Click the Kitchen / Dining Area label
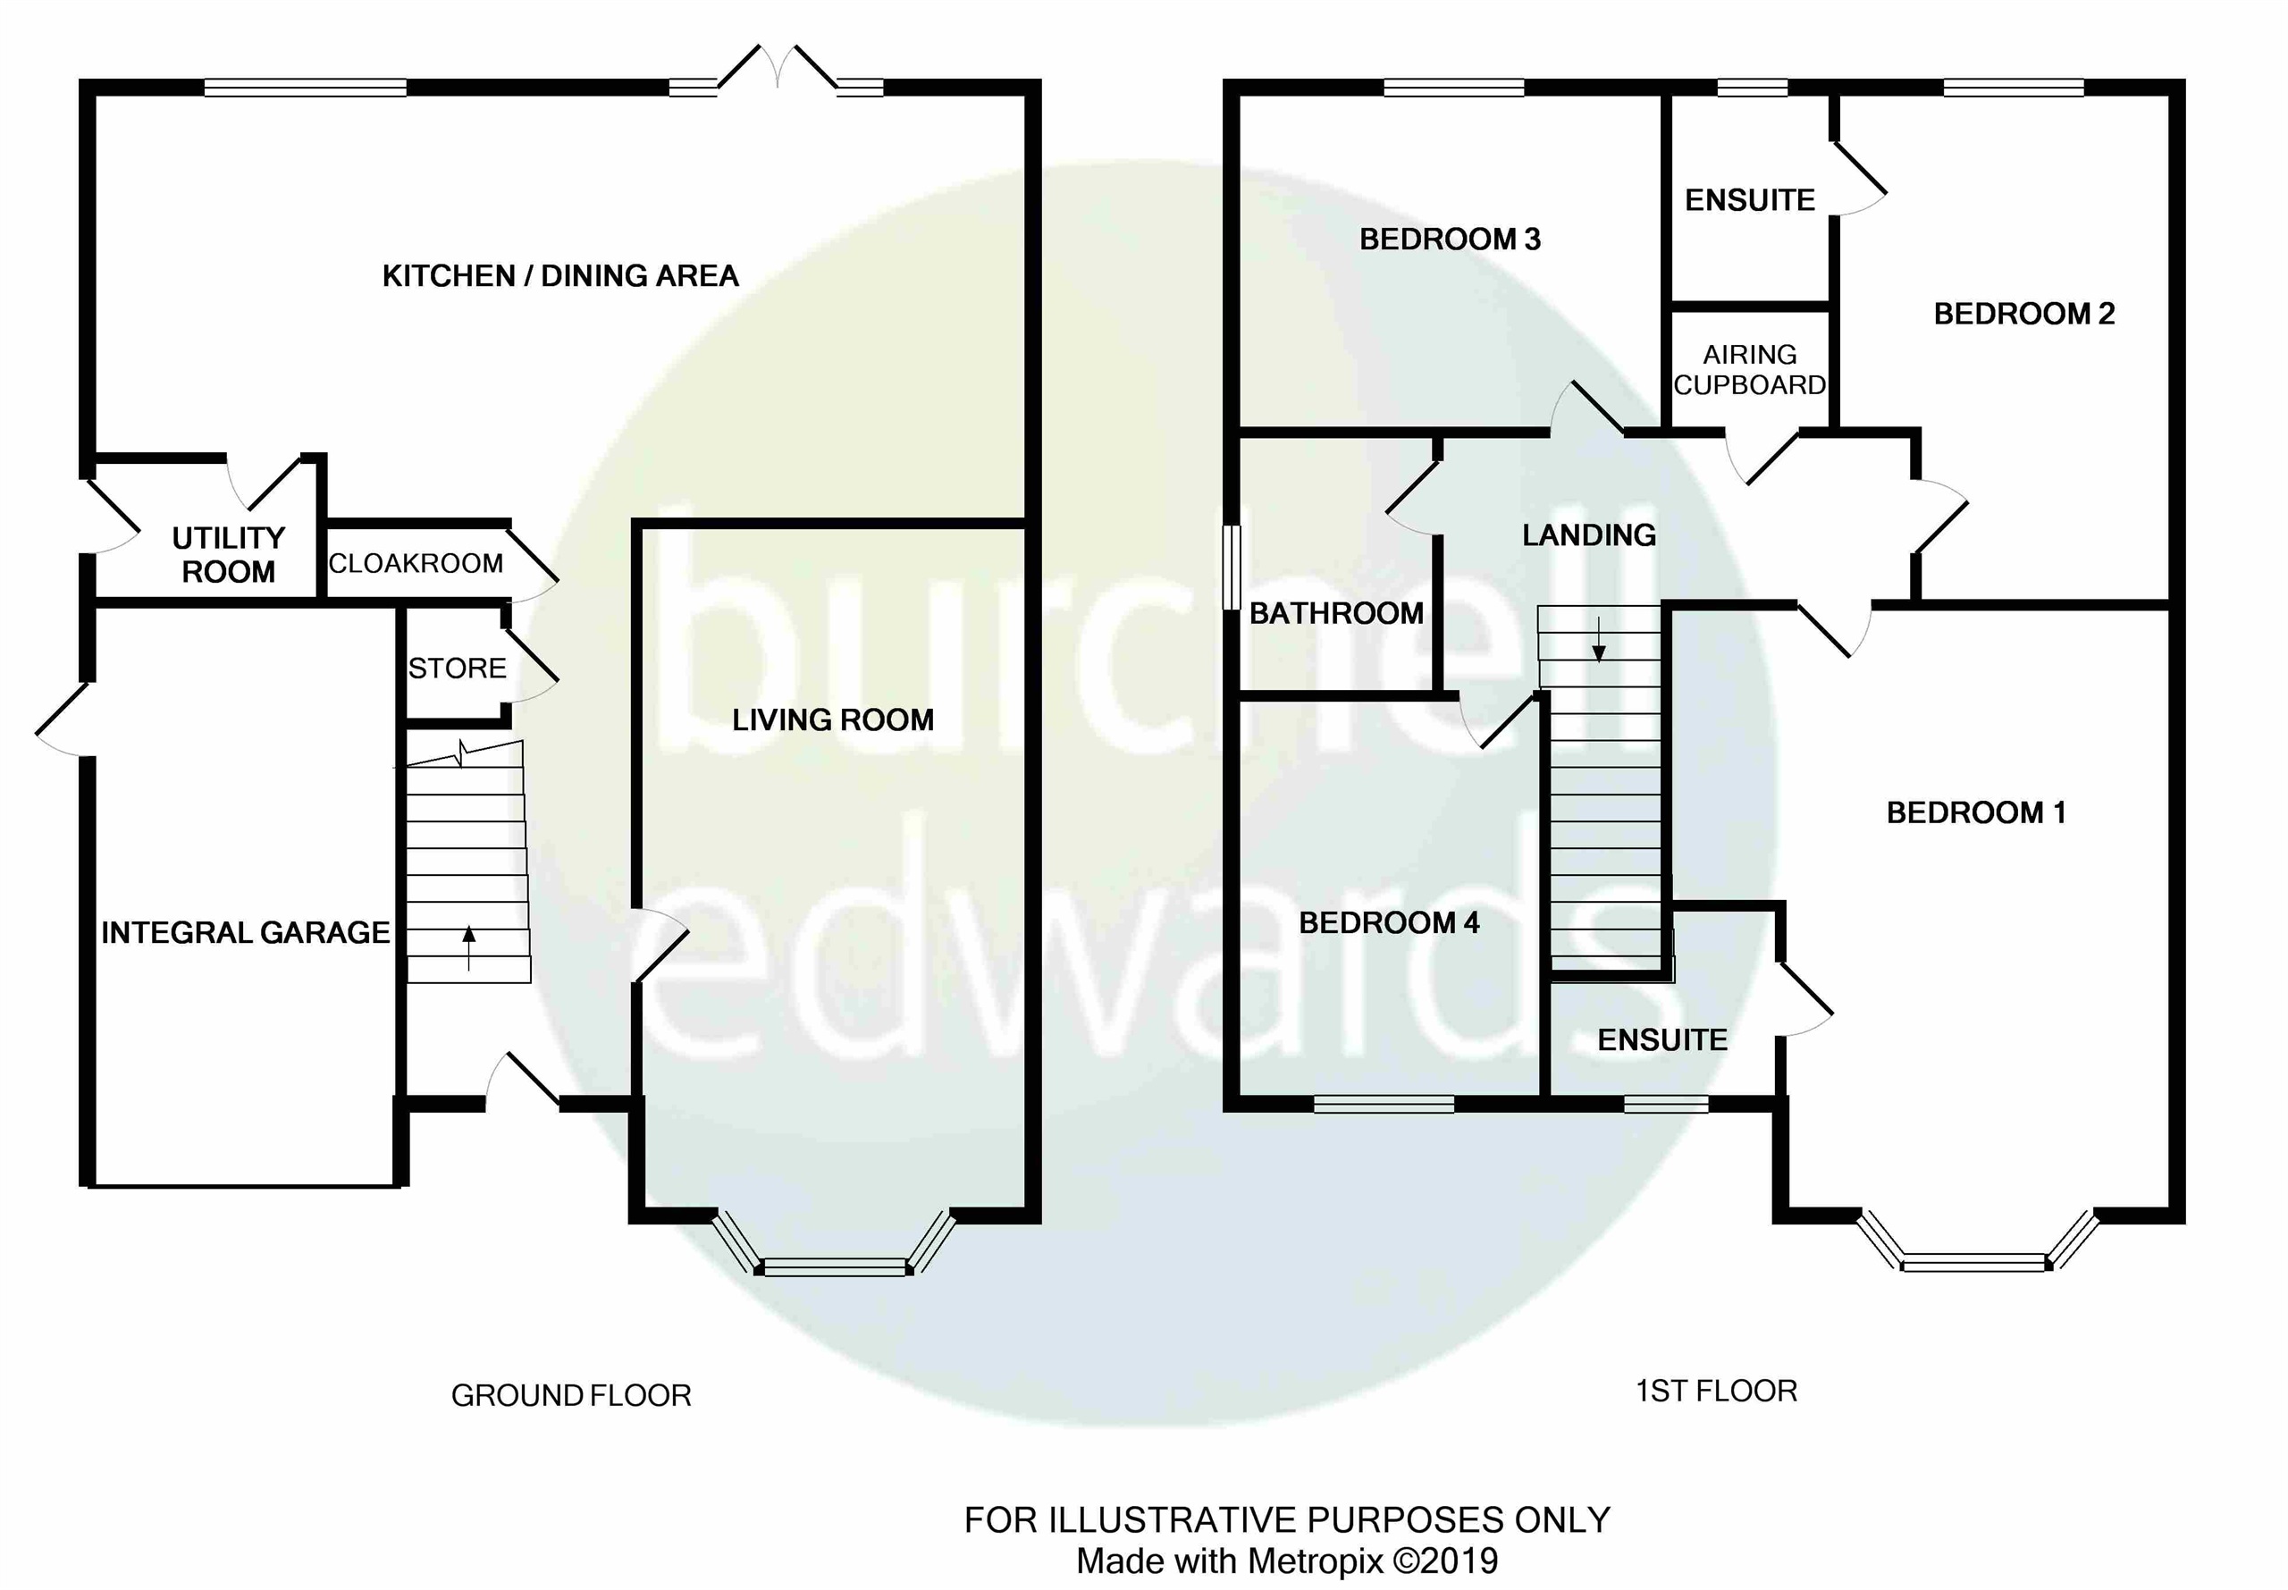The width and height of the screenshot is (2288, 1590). (560, 276)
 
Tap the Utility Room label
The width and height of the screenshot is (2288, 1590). (228, 555)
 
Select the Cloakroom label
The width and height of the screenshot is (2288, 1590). (416, 564)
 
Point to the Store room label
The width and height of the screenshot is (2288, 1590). (458, 669)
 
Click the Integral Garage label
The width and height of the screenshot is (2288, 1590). (245, 932)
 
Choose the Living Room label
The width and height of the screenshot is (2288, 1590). (833, 720)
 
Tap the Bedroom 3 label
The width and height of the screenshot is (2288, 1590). (1450, 240)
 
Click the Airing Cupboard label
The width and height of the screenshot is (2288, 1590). (1749, 370)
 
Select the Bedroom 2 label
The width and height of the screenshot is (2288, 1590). (2024, 314)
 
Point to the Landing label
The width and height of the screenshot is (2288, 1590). (1589, 535)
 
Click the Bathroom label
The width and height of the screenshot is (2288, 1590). (1337, 614)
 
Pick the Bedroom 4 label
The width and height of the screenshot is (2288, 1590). (1389, 923)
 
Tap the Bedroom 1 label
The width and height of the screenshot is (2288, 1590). (1976, 813)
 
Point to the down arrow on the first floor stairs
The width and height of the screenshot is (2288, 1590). (1599, 640)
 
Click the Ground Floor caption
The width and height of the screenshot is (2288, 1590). (571, 1396)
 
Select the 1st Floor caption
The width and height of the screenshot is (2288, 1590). (1716, 1391)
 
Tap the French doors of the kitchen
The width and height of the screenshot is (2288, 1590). (778, 79)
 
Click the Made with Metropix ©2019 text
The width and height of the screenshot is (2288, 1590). (1287, 1561)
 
